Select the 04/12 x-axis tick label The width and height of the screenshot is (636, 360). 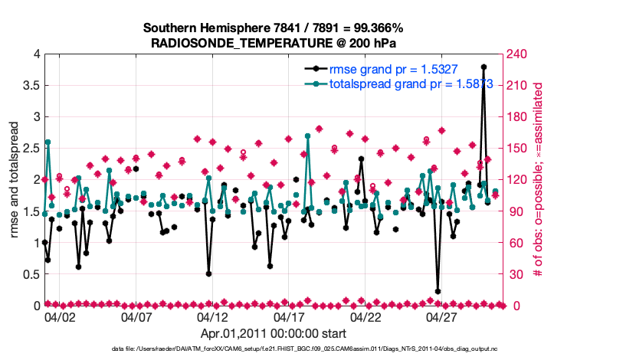pyautogui.click(x=213, y=316)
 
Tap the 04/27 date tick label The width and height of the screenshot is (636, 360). pyautogui.click(x=442, y=316)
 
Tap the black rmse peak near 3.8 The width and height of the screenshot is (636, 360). pyautogui.click(x=484, y=67)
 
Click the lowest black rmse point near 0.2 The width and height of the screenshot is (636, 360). pyautogui.click(x=438, y=292)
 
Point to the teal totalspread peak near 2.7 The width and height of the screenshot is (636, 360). pyautogui.click(x=307, y=136)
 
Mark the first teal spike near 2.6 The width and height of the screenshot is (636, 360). pyautogui.click(x=48, y=142)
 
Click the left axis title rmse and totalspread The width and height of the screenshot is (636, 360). pyautogui.click(x=13, y=180)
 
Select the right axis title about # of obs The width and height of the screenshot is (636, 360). pyautogui.click(x=539, y=180)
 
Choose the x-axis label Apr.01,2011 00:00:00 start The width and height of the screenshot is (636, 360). pyautogui.click(x=273, y=333)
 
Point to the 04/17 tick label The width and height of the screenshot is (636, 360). pyautogui.click(x=289, y=316)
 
